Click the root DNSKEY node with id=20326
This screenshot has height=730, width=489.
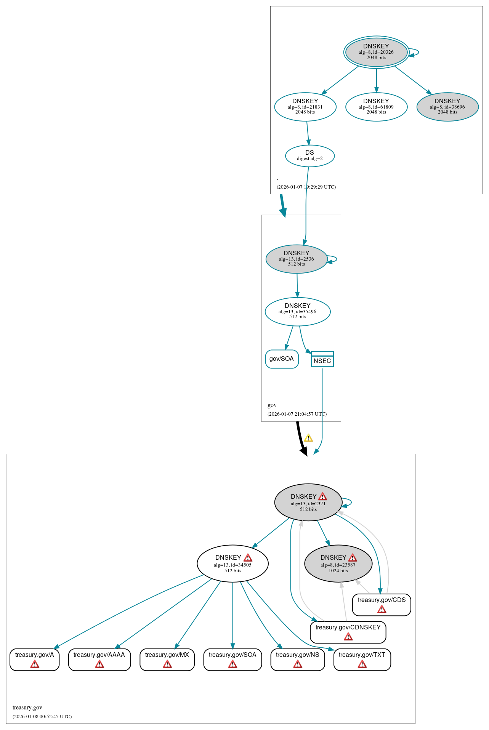click(376, 52)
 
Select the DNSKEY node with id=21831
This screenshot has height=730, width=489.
click(305, 107)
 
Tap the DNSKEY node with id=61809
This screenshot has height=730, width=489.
click(376, 107)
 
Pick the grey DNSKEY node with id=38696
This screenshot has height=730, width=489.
click(447, 107)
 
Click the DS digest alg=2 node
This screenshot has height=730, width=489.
click(309, 155)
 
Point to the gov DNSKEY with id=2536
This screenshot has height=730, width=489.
click(296, 259)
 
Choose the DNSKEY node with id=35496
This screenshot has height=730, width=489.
click(297, 311)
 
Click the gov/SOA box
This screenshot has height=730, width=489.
click(282, 359)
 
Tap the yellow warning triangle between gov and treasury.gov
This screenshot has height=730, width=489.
click(308, 438)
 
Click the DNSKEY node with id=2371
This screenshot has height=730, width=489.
click(308, 502)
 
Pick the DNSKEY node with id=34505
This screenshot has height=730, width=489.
click(232, 563)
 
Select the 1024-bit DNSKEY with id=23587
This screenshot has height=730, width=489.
click(338, 563)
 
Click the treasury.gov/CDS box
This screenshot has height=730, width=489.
click(382, 604)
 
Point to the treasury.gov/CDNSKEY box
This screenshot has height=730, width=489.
click(348, 632)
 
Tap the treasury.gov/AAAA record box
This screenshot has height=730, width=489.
click(99, 659)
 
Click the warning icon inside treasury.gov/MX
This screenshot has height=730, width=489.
click(167, 664)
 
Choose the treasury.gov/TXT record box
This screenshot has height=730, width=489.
click(362, 659)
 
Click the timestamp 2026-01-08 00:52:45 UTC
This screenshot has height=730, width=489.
click(42, 716)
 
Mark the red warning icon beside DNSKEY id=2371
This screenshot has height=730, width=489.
click(322, 496)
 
